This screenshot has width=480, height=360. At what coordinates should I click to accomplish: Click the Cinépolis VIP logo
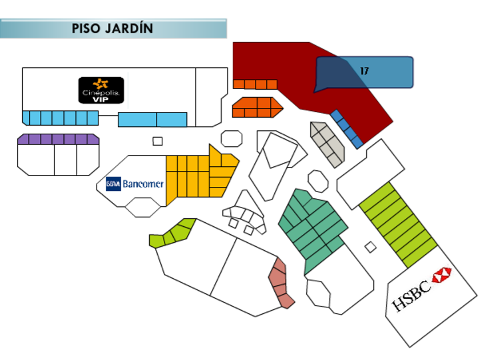(x=101, y=90)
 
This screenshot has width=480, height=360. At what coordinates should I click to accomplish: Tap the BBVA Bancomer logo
(x=135, y=184)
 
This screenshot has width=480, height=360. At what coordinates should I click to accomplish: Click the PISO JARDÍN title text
(x=113, y=28)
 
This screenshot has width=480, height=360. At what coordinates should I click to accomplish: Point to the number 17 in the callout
(x=365, y=71)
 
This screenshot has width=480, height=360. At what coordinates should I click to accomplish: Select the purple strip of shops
(x=58, y=139)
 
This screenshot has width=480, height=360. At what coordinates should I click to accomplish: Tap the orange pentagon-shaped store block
(x=257, y=107)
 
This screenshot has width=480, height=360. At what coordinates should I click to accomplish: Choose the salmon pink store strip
(x=281, y=283)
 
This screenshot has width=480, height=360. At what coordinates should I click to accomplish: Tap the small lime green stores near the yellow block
(x=172, y=233)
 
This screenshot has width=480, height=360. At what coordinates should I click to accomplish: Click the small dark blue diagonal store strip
(x=346, y=129)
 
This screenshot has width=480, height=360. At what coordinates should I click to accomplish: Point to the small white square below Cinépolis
(x=157, y=141)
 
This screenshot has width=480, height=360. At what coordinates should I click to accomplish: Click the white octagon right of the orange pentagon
(x=231, y=139)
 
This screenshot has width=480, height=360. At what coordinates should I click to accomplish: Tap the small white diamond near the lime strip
(x=370, y=247)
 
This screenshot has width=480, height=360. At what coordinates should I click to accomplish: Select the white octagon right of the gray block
(x=318, y=181)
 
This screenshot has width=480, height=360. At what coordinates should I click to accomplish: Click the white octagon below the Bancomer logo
(x=142, y=207)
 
